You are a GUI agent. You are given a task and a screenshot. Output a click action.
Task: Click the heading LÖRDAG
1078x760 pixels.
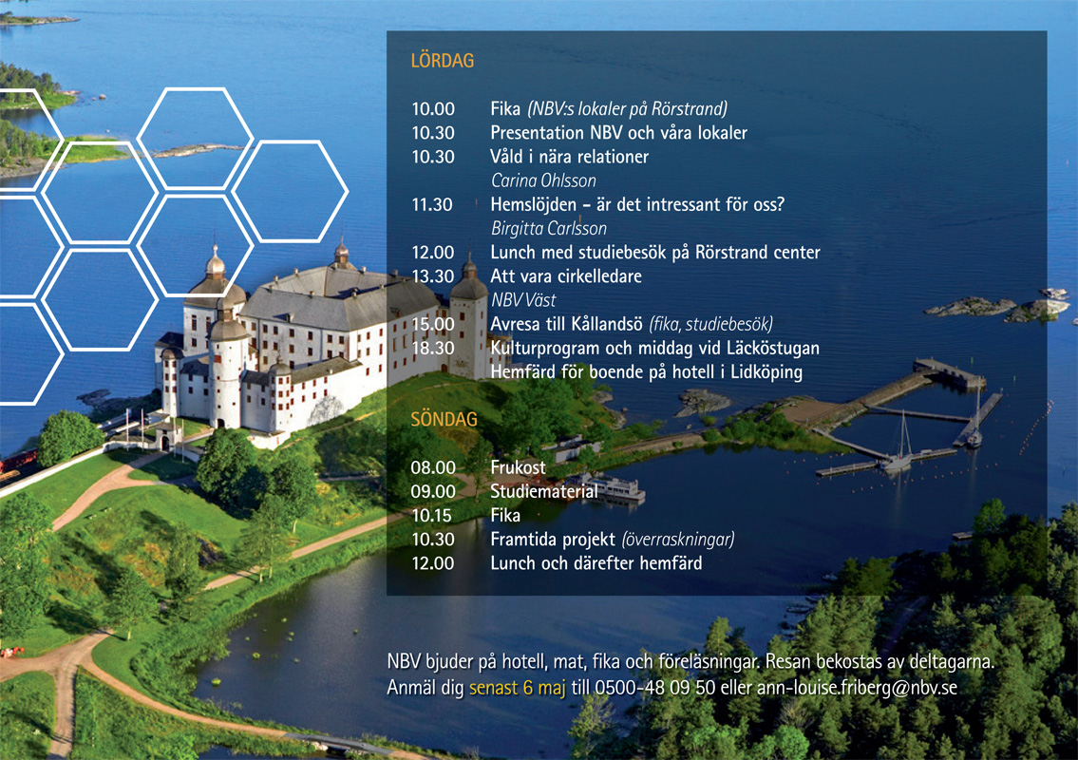click(x=442, y=61)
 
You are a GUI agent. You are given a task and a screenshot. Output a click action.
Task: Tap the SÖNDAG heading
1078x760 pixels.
click(x=444, y=419)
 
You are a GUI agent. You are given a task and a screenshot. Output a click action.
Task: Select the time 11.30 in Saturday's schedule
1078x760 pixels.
click(x=432, y=205)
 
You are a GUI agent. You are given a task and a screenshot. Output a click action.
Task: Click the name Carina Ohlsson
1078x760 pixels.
click(x=543, y=180)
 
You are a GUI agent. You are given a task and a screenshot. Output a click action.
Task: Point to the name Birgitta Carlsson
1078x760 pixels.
click(x=549, y=228)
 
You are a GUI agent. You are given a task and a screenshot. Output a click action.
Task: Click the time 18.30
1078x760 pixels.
click(x=433, y=348)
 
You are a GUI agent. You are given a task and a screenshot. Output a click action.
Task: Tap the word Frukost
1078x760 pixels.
click(x=518, y=467)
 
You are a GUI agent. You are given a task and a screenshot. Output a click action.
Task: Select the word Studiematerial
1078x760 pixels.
click(x=544, y=492)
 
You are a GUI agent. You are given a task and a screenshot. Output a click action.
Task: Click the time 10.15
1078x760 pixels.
click(x=432, y=516)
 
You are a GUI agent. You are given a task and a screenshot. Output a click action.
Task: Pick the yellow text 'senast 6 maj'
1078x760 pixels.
click(x=517, y=688)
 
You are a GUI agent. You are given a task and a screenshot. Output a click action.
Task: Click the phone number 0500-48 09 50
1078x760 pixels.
click(x=654, y=688)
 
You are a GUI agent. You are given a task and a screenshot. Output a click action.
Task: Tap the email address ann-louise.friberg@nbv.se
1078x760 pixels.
click(x=857, y=688)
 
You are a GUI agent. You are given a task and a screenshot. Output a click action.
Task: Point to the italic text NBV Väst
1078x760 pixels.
click(x=523, y=300)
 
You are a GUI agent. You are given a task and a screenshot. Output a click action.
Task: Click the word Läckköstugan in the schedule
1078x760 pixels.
click(x=773, y=348)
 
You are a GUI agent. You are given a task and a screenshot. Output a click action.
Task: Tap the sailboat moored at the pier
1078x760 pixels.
click(x=899, y=447)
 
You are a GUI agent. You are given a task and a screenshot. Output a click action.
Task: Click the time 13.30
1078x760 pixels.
click(x=433, y=276)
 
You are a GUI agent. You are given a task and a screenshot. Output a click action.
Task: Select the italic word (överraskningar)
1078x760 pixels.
click(x=678, y=540)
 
